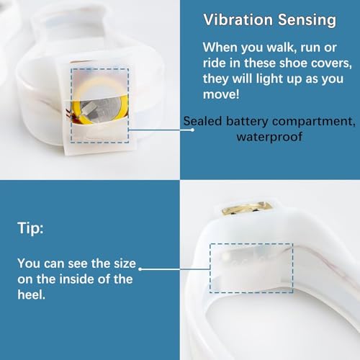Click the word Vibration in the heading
pos(238,19)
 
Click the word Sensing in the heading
pos(307,20)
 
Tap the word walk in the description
pos(280,48)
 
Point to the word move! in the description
pos(221,94)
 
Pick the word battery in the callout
pos(247,122)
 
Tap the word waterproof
pos(269,137)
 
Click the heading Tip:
pos(30,228)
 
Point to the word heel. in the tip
pos(31,294)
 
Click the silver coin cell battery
pos(104,110)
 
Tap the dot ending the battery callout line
pos(192,130)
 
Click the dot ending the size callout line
pos(140,269)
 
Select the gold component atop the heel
pos(247,208)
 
